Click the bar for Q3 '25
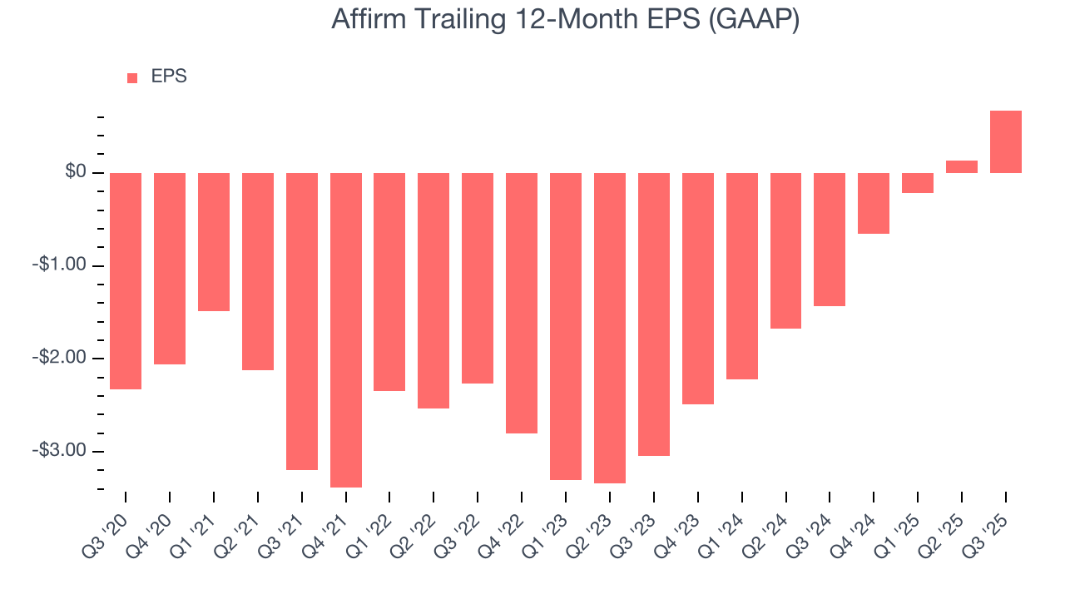point(1005,141)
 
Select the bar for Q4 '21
point(346,329)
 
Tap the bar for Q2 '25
point(961,166)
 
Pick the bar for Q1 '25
point(917,183)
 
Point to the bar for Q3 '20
point(126,281)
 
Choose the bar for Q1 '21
point(214,242)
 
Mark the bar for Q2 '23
point(610,328)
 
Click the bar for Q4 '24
point(874,203)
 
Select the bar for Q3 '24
point(830,240)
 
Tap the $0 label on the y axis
point(77,172)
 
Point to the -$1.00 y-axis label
point(61,265)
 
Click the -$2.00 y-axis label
point(61,358)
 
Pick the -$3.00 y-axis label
point(61,450)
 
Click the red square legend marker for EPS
point(132,77)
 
